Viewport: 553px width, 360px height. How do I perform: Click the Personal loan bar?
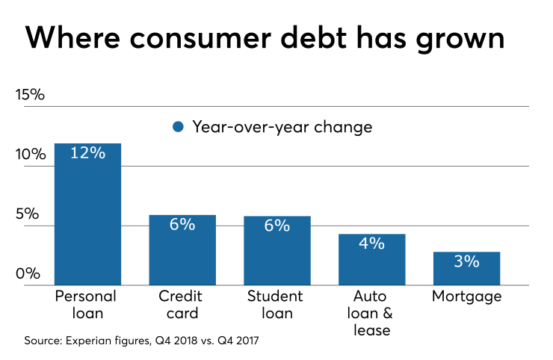coord(87,217)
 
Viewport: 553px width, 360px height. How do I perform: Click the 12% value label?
coord(87,153)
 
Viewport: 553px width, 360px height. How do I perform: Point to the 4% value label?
coord(371,243)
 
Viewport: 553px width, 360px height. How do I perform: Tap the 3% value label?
coord(466,261)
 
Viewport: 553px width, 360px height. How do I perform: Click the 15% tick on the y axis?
coord(30,95)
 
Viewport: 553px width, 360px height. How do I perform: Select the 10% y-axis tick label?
coord(30,155)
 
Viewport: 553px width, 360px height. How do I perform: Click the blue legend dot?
coord(178,127)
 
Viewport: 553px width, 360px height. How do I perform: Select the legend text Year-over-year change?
coord(282,127)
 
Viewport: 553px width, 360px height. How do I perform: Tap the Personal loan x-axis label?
coord(87,304)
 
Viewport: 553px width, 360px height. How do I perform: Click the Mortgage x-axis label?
coord(466,297)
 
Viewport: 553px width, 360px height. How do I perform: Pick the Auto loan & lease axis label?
coord(371,312)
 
